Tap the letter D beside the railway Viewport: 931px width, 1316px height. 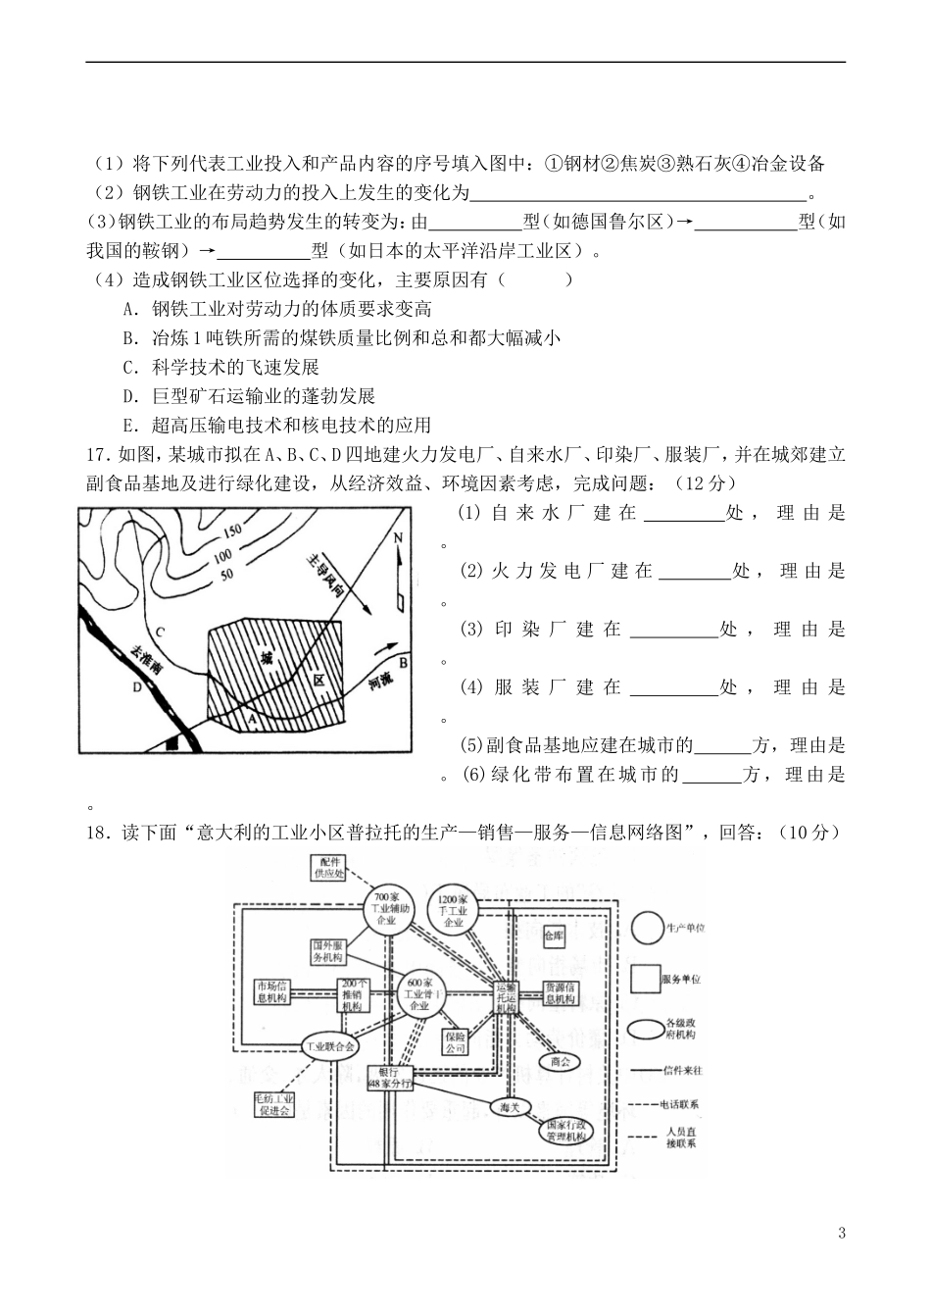coord(137,687)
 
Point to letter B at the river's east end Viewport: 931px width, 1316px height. coord(402,663)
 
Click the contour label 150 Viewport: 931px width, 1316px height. coord(231,531)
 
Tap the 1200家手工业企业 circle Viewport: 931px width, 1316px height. coord(454,909)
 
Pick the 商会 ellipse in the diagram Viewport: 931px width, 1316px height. coord(561,1061)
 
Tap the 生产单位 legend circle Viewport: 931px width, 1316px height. coord(647,927)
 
